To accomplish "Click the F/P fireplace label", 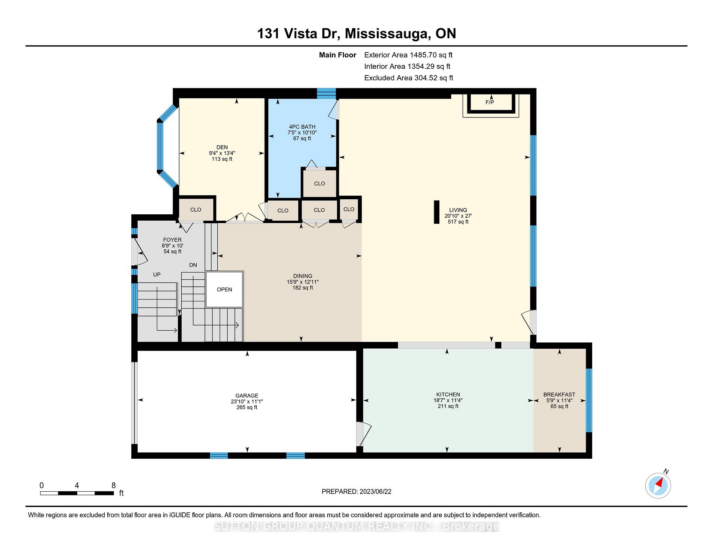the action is tap(489, 102).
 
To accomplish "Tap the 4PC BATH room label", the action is tap(302, 127).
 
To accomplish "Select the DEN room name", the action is tap(222, 147).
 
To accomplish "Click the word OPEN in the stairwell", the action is tap(224, 289).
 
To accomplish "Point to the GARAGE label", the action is tap(247, 396).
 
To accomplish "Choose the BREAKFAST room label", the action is tap(559, 394).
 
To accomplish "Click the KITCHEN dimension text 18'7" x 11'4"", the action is tap(448, 400).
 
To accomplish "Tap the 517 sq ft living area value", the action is tap(458, 222).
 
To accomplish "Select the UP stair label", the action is tap(157, 275).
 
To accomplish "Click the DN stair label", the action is tap(193, 265).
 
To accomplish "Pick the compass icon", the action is tap(658, 486).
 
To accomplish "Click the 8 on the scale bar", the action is tap(113, 485).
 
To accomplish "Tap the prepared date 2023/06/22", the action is tap(375, 492).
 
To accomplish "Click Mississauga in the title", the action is tap(388, 34).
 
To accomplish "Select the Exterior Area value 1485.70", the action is tap(423, 55).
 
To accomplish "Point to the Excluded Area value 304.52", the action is tap(426, 78).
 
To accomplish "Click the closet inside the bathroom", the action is tap(320, 183).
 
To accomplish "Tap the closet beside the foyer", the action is tap(196, 209).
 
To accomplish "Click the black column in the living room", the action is tap(436, 212).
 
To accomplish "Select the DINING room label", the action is tap(303, 276).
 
